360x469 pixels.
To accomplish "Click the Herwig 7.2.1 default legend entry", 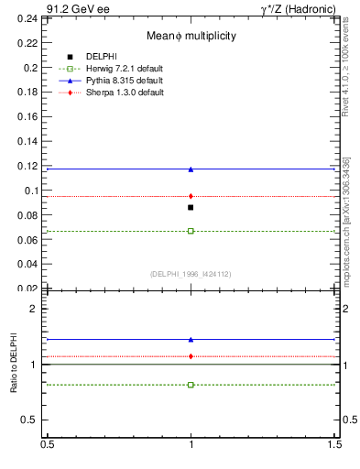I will click(x=113, y=69).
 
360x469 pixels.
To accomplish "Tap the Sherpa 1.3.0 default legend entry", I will click(x=113, y=93).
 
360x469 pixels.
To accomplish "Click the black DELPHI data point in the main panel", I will click(x=191, y=207).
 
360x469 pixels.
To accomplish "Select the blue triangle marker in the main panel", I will click(x=191, y=169).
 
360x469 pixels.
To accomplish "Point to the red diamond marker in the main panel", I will click(x=191, y=196).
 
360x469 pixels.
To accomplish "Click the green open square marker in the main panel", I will click(x=191, y=231).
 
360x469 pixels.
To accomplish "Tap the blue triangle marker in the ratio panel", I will click(x=191, y=339).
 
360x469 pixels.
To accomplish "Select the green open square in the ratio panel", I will click(x=191, y=385).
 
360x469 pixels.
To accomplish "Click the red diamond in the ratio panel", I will click(x=191, y=356).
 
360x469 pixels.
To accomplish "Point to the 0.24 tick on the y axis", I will click(x=31, y=18).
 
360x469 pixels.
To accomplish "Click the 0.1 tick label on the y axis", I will click(x=31, y=191).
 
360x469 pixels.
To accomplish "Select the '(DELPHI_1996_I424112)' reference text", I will click(x=191, y=274).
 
